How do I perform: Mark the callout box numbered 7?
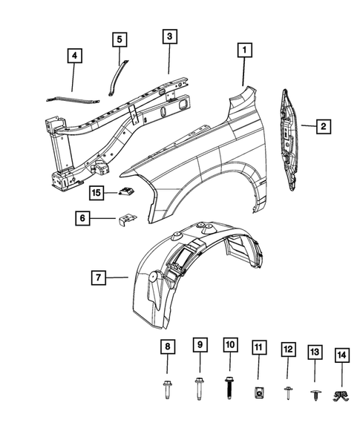[x=98, y=279]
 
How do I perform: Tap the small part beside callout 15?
[x=127, y=194]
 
